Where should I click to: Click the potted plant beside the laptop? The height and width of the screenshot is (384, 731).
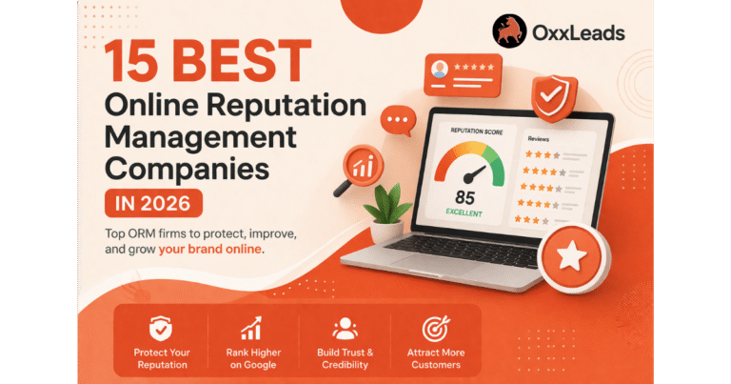[390, 211]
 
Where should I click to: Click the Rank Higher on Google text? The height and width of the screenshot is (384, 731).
[251, 358]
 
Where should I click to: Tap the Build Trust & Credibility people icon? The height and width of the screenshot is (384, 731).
[344, 329]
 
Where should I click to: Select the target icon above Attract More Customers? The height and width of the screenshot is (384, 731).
[437, 329]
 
